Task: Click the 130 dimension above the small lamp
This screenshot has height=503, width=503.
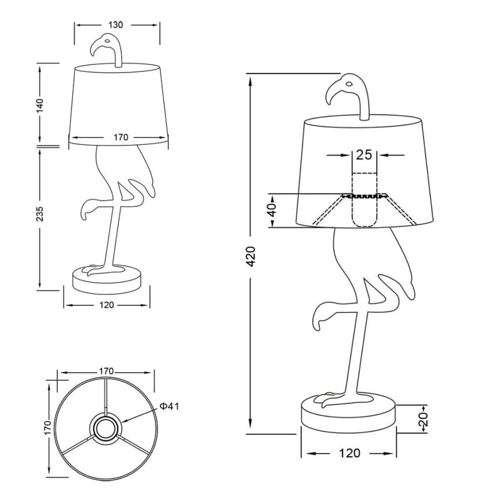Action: [x=116, y=25]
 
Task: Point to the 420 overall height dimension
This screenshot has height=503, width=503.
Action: [x=251, y=257]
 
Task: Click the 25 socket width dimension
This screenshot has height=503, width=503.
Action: [x=364, y=155]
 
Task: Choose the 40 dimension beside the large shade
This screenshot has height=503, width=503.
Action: [x=273, y=210]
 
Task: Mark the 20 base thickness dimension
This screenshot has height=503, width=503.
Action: [x=424, y=420]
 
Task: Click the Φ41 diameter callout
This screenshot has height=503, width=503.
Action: [x=169, y=406]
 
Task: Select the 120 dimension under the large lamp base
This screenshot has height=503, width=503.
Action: [x=349, y=453]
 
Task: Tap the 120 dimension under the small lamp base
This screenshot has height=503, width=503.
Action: [x=107, y=305]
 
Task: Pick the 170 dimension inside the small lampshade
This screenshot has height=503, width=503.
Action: [x=121, y=137]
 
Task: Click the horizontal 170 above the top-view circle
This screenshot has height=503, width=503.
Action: [x=106, y=371]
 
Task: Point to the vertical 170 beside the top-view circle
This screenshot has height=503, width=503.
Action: [x=48, y=428]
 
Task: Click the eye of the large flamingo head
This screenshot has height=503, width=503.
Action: [x=349, y=84]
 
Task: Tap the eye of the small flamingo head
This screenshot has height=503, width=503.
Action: [x=107, y=41]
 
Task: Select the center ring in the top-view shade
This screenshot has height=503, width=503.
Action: [x=106, y=428]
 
